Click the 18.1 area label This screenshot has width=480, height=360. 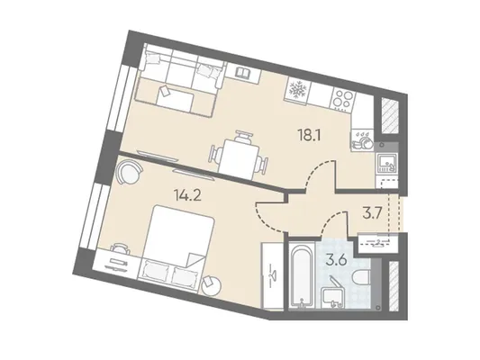click(309, 135)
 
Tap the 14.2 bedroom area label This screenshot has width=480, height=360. click(187, 195)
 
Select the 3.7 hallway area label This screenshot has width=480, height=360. click(372, 214)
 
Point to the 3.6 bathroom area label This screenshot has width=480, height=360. click(336, 261)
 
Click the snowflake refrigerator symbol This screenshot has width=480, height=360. click(296, 90)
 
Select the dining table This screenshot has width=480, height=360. click(237, 159)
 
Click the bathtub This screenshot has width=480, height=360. click(302, 275)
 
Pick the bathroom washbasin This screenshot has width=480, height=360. click(334, 298)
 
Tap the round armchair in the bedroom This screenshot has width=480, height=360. click(130, 173)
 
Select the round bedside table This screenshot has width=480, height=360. click(212, 286)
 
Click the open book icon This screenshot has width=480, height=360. click(243, 73)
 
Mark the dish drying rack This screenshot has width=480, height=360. click(362, 140)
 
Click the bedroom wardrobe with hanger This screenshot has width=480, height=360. click(272, 275)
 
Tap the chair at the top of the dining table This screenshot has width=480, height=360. click(244, 136)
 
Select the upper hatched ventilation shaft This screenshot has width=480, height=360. click(390, 116)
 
